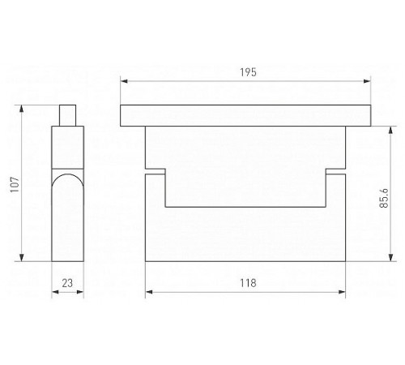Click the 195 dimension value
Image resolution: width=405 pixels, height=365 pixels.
coord(248,72)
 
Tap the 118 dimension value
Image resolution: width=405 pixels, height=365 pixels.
coord(248,283)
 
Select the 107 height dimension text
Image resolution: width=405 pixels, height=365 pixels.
coord(15,184)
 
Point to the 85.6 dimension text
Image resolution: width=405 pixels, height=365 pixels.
coord(384,198)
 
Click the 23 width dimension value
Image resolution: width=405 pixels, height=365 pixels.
coord(67,283)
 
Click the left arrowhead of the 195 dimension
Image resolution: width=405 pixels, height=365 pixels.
coord(124,81)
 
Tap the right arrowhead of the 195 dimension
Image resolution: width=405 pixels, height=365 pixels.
coord(367,81)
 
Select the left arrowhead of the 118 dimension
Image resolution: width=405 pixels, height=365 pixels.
coord(149,292)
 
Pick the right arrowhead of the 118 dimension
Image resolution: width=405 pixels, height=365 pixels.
coord(342,292)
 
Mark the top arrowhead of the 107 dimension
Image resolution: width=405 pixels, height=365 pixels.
coord(22,109)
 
